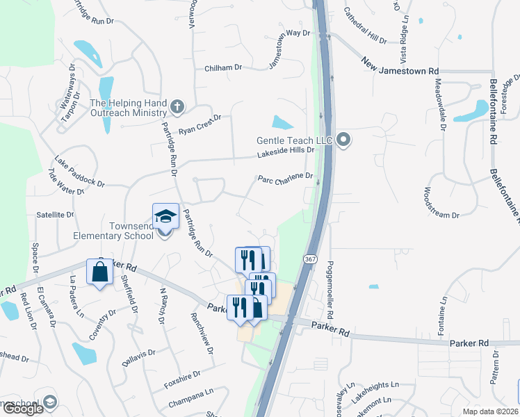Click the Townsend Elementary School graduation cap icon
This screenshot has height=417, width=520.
point(166,216)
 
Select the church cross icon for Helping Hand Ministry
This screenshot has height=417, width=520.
point(177,106)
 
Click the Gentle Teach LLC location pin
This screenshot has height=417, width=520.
point(343,140)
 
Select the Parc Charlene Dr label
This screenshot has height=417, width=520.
point(286,178)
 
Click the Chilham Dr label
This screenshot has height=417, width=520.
point(222,68)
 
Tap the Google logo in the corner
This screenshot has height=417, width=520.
point(22,409)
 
